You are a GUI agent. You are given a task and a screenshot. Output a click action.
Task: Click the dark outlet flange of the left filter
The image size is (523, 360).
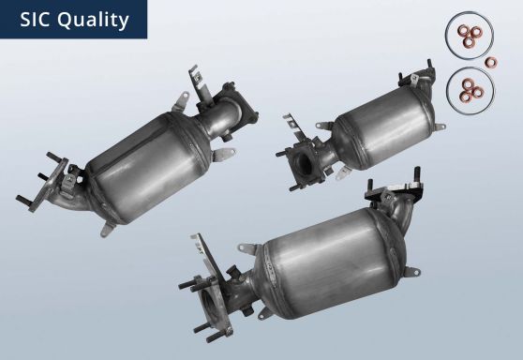coord(235,105)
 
